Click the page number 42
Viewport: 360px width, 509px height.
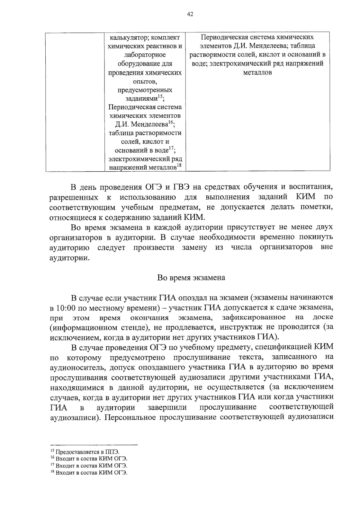(190, 14)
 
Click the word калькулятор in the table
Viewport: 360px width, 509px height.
(127, 38)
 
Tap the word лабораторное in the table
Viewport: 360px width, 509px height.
(145, 55)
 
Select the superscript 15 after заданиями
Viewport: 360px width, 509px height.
(161, 96)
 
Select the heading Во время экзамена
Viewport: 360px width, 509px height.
(191, 278)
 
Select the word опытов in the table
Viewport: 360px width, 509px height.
(145, 81)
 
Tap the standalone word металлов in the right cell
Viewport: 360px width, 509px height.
(257, 73)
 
